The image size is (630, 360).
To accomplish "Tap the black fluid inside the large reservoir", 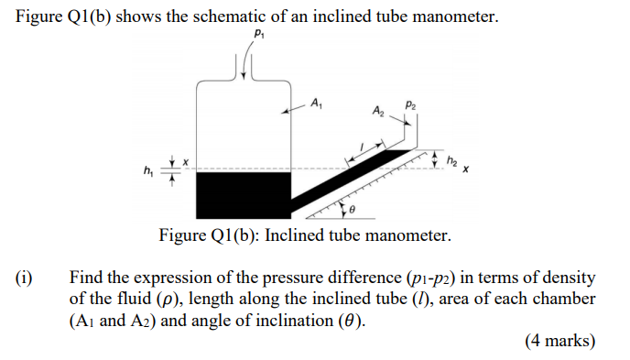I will [x=244, y=192].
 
